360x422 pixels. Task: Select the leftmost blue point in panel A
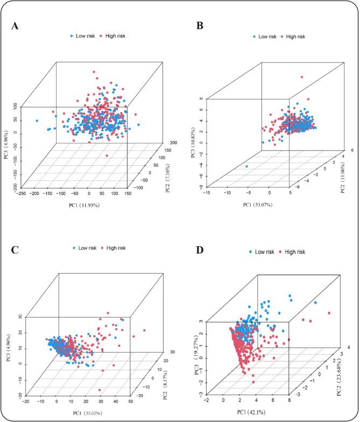(37, 121)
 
